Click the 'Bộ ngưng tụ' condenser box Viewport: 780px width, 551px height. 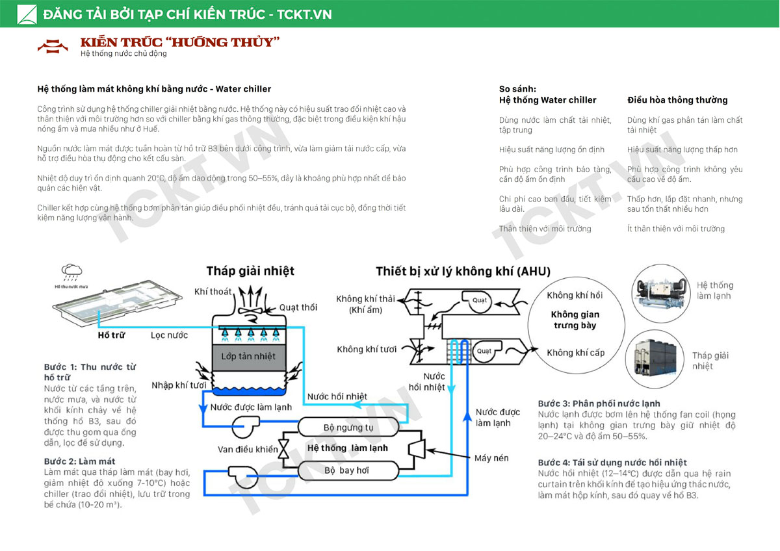point(348,428)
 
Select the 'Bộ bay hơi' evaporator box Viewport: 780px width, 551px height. point(348,470)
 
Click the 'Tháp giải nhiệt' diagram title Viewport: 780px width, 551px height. point(250,271)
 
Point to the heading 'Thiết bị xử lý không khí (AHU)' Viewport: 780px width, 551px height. point(463,271)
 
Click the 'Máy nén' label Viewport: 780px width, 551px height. point(491,458)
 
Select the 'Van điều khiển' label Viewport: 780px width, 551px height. point(248,450)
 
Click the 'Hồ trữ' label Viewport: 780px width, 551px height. point(111,335)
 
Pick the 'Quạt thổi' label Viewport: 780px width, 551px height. point(298,307)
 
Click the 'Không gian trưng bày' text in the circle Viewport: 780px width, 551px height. point(575,320)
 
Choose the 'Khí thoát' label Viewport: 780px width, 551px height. point(213,292)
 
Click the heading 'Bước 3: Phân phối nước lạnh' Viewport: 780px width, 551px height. point(599,404)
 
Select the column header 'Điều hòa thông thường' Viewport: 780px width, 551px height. point(677,100)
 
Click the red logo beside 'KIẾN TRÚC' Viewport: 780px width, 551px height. point(53,45)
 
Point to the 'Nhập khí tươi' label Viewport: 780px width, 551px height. point(179,385)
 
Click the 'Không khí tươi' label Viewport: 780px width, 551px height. point(367,350)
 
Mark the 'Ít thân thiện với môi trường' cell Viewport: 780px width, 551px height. point(676,229)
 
